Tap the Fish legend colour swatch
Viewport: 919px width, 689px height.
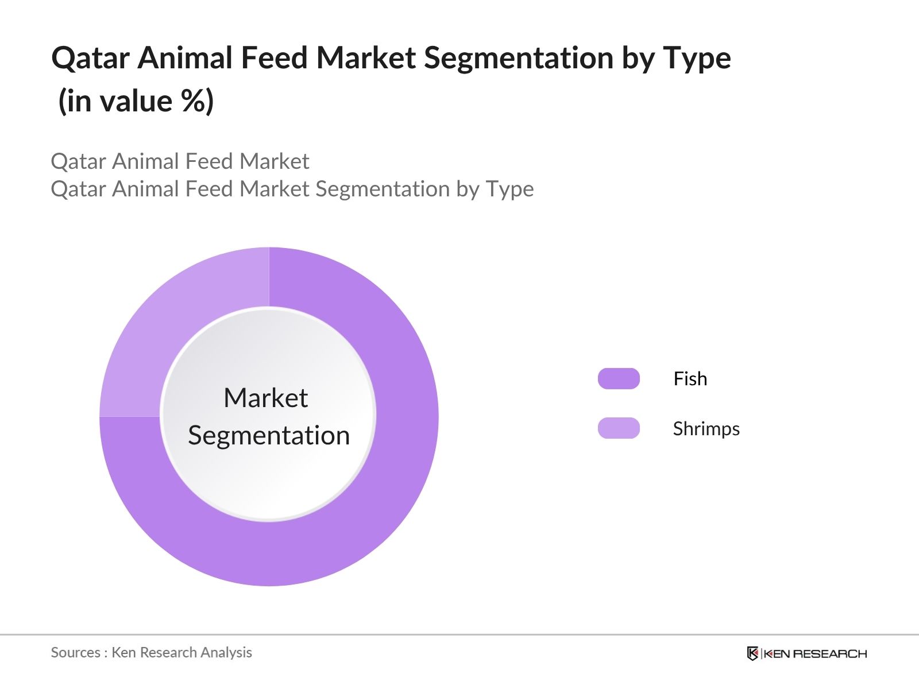pyautogui.click(x=619, y=379)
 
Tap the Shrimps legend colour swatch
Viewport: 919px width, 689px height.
pyautogui.click(x=619, y=428)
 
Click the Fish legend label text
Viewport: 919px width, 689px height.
pyautogui.click(x=690, y=379)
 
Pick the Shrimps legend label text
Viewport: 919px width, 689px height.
pyautogui.click(x=706, y=429)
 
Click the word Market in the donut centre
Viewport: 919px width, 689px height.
pyautogui.click(x=265, y=398)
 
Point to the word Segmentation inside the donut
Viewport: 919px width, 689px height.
pyautogui.click(x=269, y=435)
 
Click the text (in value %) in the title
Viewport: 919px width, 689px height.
pyautogui.click(x=136, y=102)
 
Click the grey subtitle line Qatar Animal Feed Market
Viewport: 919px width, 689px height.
pyautogui.click(x=180, y=161)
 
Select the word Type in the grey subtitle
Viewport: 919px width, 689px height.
pyautogui.click(x=509, y=189)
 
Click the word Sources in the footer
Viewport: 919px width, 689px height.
pyautogui.click(x=75, y=652)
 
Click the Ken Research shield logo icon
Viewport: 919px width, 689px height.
pyautogui.click(x=752, y=653)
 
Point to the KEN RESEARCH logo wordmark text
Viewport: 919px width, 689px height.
pyautogui.click(x=815, y=653)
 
